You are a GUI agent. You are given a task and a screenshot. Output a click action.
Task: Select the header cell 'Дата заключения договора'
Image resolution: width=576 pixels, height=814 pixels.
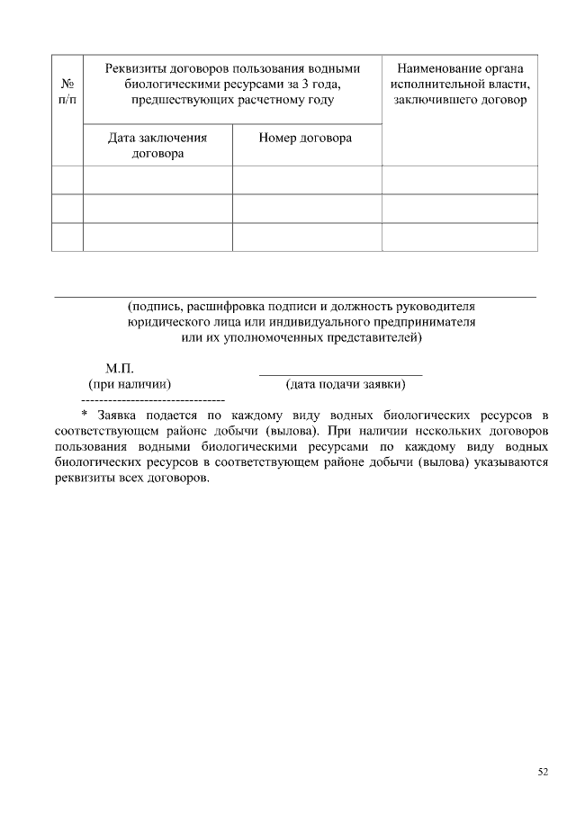[157, 146]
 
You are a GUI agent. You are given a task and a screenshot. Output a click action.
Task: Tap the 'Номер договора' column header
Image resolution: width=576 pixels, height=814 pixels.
[305, 139]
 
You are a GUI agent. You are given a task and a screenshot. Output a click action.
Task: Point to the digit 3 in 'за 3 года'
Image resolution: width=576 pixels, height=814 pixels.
[292, 84]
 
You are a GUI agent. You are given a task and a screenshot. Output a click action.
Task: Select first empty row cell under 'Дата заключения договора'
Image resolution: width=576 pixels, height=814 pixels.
[157, 180]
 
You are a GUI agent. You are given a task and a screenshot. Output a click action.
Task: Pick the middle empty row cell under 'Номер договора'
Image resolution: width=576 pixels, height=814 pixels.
[307, 209]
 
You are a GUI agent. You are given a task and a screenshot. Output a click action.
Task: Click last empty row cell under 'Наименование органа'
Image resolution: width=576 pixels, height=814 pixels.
[460, 237]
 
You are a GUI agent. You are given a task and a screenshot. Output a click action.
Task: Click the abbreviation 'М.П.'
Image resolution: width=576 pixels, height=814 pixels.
[120, 369]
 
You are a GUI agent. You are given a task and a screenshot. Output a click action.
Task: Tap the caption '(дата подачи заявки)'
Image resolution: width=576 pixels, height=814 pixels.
[345, 385]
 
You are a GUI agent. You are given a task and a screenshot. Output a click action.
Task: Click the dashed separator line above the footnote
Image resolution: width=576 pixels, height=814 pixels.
[153, 398]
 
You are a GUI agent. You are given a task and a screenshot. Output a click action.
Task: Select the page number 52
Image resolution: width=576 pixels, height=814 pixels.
[543, 772]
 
